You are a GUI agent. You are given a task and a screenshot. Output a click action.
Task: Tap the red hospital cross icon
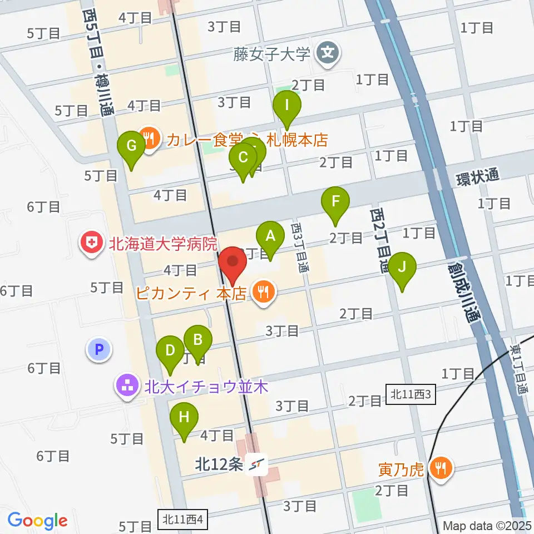(x=89, y=243)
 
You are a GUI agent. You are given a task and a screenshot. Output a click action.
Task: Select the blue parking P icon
(x=100, y=350)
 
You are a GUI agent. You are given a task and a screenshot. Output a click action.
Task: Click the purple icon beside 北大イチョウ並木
(x=127, y=385)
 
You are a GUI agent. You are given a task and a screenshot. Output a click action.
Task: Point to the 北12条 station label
(x=219, y=464)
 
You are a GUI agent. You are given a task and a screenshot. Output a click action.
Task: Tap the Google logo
(x=37, y=521)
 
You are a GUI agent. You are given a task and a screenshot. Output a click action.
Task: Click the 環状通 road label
(x=477, y=177)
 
